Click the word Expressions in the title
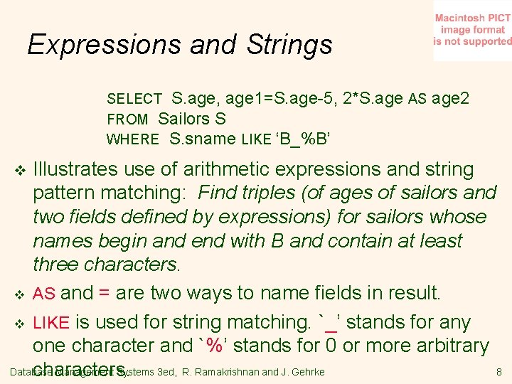(x=94, y=45)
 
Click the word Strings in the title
(x=289, y=45)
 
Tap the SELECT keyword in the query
(x=134, y=99)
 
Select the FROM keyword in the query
(x=127, y=119)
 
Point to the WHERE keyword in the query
(x=132, y=139)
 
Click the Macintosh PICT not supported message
(x=472, y=30)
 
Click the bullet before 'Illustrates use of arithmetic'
(x=20, y=171)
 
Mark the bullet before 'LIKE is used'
(x=20, y=324)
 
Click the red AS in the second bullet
(x=45, y=294)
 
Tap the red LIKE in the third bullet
(x=50, y=324)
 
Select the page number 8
(x=499, y=372)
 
